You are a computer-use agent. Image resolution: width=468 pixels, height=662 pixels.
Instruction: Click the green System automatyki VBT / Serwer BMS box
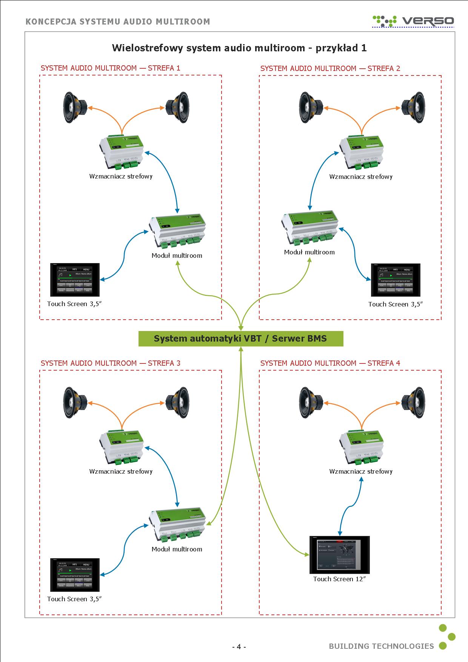(x=241, y=339)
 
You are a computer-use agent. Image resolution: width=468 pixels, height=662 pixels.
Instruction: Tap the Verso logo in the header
(x=413, y=21)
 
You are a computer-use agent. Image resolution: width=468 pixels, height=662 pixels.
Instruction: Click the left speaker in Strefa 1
(x=75, y=108)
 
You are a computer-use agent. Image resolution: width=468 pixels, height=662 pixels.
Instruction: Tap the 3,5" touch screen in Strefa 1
(x=75, y=280)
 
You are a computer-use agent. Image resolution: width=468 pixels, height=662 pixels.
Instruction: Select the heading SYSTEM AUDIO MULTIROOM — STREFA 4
(x=330, y=363)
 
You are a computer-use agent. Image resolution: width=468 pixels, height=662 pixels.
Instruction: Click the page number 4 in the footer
(x=239, y=647)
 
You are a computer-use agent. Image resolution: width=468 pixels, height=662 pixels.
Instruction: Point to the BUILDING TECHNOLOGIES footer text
(x=381, y=646)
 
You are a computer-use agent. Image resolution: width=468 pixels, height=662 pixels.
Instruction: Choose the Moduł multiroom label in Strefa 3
(x=177, y=549)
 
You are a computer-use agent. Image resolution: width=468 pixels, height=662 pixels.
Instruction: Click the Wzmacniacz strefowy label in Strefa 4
(x=361, y=471)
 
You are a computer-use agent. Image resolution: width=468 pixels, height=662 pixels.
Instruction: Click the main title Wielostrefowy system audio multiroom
(x=239, y=48)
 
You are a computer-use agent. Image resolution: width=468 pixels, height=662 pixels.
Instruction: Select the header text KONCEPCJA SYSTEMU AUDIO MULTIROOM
(x=118, y=22)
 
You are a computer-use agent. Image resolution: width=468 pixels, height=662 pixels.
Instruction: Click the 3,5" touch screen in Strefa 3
(x=75, y=575)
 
